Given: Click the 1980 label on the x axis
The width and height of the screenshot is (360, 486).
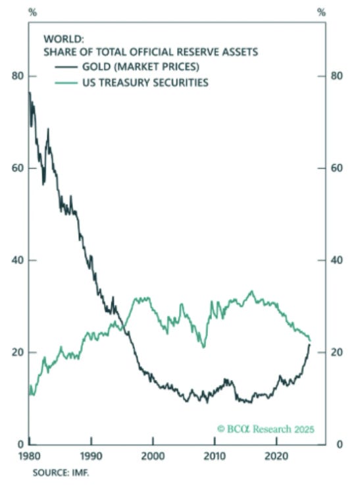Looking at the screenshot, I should coord(29,455).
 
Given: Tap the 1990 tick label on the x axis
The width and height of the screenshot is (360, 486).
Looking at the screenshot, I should coord(91,455).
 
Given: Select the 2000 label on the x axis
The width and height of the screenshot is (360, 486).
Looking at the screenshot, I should coord(153,455).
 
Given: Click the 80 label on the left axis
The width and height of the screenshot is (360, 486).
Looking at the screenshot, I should coord(18,76).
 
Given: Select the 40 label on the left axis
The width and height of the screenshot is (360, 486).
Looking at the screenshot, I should coord(18,260).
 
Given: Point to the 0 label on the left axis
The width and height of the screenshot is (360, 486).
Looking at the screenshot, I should coord(21,444).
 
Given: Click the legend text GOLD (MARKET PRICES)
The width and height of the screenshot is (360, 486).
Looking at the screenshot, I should coord(142,68).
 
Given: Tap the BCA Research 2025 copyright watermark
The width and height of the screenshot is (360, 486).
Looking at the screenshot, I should coord(265,429).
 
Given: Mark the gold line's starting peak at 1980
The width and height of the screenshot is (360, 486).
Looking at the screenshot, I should coord(30,93).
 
